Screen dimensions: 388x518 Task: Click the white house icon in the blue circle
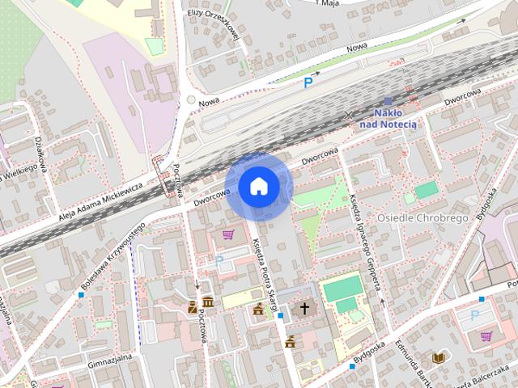pyautogui.click(x=258, y=187)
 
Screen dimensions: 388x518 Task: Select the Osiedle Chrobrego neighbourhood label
pyautogui.click(x=423, y=219)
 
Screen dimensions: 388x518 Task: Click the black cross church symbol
pyautogui.click(x=305, y=308)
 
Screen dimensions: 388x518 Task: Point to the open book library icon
pyautogui.click(x=439, y=357)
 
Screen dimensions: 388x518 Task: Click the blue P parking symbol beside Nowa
pyautogui.click(x=308, y=82)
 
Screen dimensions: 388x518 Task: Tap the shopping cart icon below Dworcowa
pyautogui.click(x=228, y=235)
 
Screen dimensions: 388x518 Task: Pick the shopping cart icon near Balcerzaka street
pyautogui.click(x=486, y=336)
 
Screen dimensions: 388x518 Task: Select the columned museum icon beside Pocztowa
pyautogui.click(x=208, y=302)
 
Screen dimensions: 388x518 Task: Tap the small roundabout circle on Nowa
pyautogui.click(x=191, y=100)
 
